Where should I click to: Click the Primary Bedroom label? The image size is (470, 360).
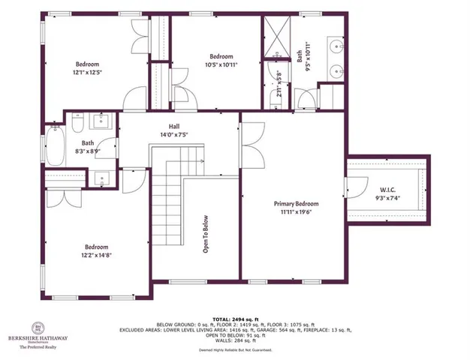tap(295, 204)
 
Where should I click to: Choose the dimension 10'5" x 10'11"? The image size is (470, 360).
tap(221, 65)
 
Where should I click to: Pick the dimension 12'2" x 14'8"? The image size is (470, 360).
tap(96, 255)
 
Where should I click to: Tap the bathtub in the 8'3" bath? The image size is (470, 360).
tap(53, 145)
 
